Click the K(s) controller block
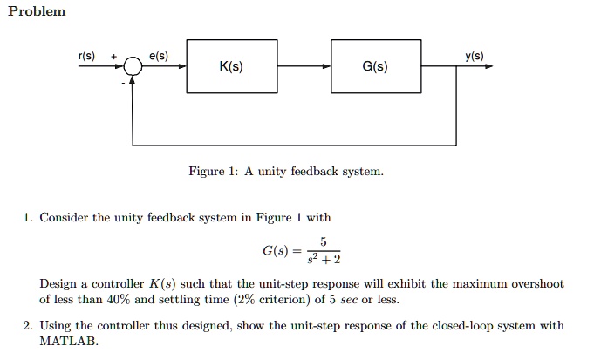(x=231, y=66)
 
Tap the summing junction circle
(x=133, y=66)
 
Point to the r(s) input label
(x=87, y=56)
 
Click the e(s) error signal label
(x=159, y=56)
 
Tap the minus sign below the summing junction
(x=122, y=83)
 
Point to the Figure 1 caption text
(x=285, y=172)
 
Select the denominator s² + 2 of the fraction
(x=322, y=260)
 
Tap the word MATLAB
(x=69, y=342)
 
